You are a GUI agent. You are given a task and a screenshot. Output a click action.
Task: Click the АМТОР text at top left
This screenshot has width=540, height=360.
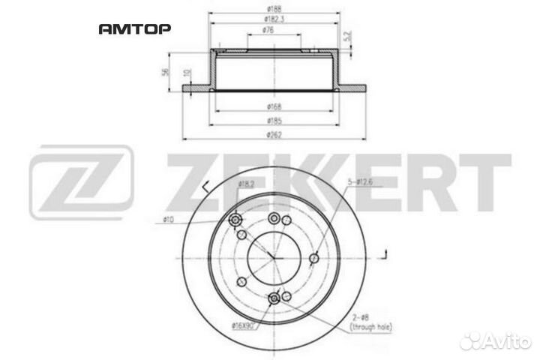tap(135, 29)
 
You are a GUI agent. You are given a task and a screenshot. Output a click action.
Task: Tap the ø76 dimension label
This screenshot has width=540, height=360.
tap(267, 30)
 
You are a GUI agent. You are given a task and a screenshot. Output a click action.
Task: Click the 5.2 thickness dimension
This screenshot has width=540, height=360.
tap(346, 34)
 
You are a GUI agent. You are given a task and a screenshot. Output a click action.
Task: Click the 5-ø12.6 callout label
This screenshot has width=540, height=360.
tap(361, 181)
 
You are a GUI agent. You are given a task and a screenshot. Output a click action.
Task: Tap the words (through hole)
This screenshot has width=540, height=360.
tap(374, 328)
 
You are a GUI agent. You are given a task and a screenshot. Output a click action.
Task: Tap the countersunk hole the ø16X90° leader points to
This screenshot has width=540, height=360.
tap(274, 298)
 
